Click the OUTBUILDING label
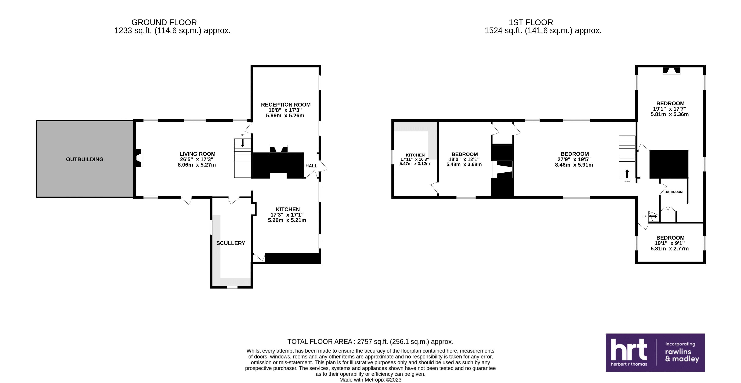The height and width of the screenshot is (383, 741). pyautogui.click(x=85, y=159)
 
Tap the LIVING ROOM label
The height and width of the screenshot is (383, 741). pyautogui.click(x=197, y=154)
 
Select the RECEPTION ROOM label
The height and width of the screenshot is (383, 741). pyautogui.click(x=286, y=104)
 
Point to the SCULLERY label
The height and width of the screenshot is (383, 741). pyautogui.click(x=231, y=243)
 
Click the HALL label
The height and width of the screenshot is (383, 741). pyautogui.click(x=311, y=166)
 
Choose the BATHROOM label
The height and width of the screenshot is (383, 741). pyautogui.click(x=673, y=192)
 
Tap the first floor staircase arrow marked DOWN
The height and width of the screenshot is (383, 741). pyautogui.click(x=627, y=174)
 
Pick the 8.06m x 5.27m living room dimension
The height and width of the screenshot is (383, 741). pyautogui.click(x=197, y=165)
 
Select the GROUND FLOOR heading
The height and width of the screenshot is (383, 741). pyautogui.click(x=164, y=22)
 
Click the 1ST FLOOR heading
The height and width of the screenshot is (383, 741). pyautogui.click(x=531, y=22)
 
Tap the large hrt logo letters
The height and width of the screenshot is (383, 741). pyautogui.click(x=629, y=349)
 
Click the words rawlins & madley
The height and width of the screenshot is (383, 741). pyautogui.click(x=682, y=355)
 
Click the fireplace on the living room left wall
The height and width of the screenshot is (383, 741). pyautogui.click(x=139, y=158)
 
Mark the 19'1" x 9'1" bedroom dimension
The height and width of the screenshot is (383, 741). pyautogui.click(x=670, y=243)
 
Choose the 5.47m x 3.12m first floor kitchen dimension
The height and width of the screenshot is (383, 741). pyautogui.click(x=415, y=163)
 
